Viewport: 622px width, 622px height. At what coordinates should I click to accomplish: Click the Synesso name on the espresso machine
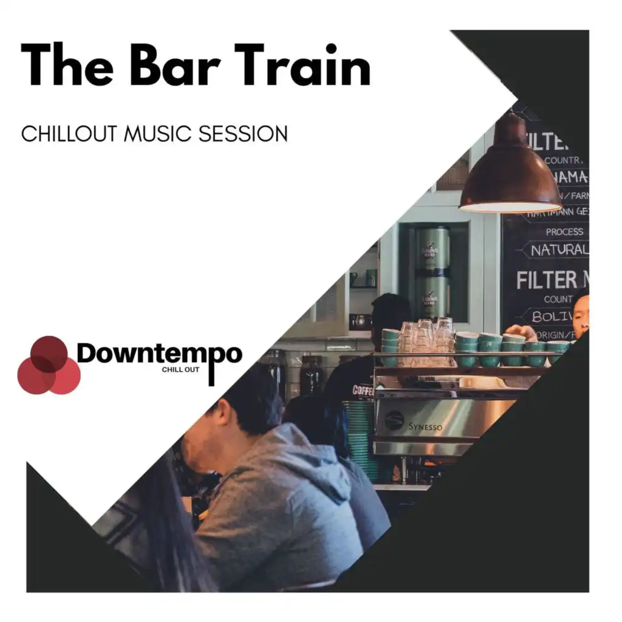pyautogui.click(x=425, y=426)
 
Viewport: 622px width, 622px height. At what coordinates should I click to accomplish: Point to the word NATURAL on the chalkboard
pyautogui.click(x=558, y=250)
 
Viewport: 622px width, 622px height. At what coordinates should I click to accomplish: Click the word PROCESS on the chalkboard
pyautogui.click(x=564, y=231)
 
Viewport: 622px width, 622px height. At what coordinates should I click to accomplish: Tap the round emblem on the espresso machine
pyautogui.click(x=394, y=420)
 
